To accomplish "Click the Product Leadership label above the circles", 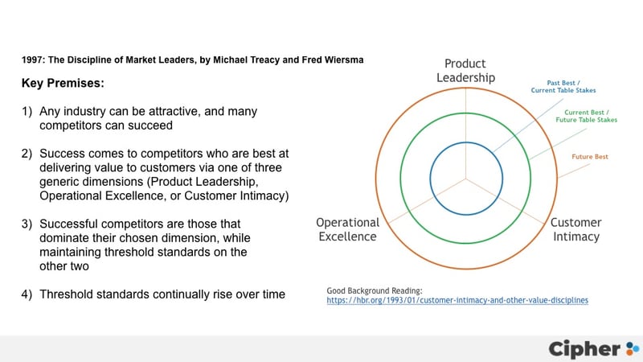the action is point(465,71).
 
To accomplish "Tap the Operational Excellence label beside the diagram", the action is point(347,229).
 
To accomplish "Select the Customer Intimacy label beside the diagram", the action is point(575,229).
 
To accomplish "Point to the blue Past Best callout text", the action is point(563,87).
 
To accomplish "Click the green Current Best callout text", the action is point(587,116).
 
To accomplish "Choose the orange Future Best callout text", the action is point(590,157).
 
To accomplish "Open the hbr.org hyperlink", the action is point(457,300).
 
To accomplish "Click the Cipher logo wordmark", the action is point(584,349).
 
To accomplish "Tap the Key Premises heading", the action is point(63,84).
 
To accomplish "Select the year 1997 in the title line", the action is point(32,60).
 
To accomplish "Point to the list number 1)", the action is point(27,112).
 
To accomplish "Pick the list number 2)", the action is point(27,154).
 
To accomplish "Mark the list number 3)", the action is point(27,224).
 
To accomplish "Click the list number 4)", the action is point(27,294).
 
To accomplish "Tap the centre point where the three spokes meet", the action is point(466,179).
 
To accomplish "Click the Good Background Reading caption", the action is point(375,291).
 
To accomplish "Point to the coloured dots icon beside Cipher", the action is point(633,348).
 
